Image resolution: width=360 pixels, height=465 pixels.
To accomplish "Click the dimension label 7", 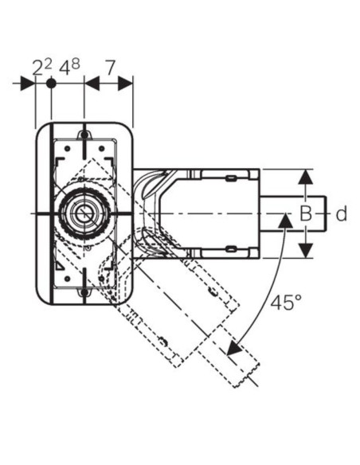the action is [111, 68].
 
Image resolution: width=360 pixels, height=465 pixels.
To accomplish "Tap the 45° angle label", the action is [286, 303].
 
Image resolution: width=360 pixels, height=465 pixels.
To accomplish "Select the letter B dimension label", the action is [305, 213].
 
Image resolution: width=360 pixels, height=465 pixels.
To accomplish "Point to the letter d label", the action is [342, 213].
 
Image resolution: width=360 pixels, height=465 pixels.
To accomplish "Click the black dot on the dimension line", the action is [51, 84].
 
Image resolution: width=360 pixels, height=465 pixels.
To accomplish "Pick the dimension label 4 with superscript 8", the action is [69, 67].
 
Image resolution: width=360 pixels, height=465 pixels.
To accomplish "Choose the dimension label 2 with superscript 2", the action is [42, 68].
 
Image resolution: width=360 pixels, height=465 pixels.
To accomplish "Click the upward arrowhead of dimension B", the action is [305, 178].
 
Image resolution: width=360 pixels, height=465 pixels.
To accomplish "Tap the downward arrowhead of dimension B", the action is [305, 250].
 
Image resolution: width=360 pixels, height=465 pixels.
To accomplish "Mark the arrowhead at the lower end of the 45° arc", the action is [234, 348].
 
